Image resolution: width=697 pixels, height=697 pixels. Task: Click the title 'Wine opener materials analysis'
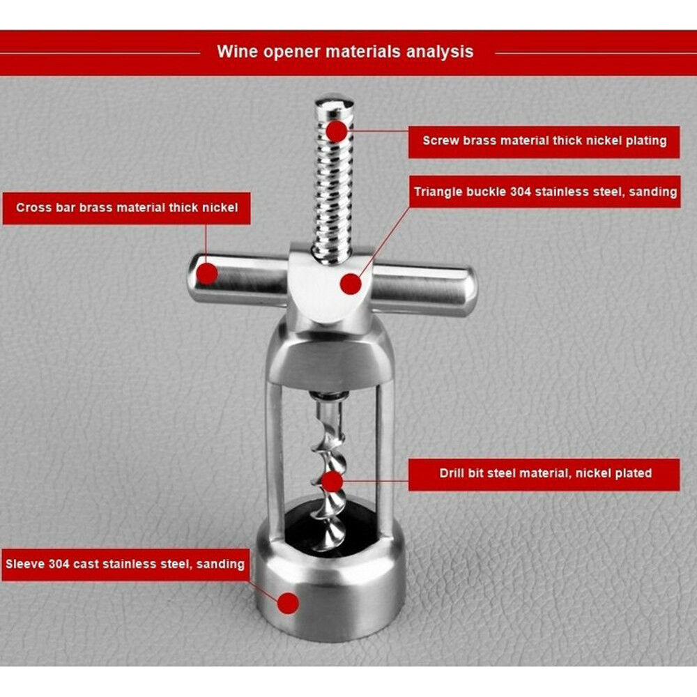click(346, 52)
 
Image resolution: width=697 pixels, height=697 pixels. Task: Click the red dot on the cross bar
click(207, 273)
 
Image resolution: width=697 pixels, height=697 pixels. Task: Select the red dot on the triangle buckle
click(351, 284)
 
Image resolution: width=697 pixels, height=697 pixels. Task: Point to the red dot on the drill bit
click(332, 482)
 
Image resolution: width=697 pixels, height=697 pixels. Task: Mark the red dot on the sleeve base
click(288, 603)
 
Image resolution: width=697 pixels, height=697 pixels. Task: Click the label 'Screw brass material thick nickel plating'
click(544, 141)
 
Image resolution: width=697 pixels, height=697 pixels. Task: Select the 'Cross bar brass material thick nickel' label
click(127, 208)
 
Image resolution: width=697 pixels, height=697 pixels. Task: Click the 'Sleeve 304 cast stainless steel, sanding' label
click(125, 565)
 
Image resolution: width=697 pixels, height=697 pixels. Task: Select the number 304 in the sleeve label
click(59, 564)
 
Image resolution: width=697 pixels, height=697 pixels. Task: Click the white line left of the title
click(100, 54)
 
